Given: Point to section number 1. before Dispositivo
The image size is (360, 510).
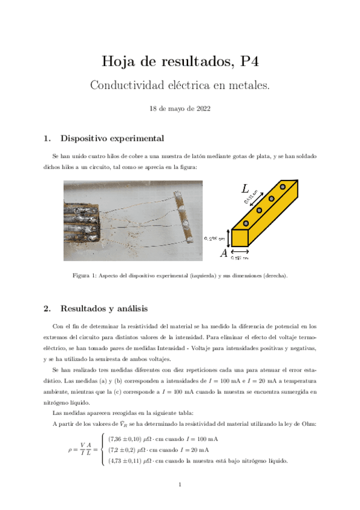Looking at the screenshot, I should pyautogui.click(x=47, y=138).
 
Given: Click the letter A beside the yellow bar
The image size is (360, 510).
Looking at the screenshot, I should pyautogui.click(x=224, y=253).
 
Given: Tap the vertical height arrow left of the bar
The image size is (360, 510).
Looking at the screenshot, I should pyautogui.click(x=227, y=237).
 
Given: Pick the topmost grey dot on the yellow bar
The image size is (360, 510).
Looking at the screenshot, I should pyautogui.click(x=282, y=188).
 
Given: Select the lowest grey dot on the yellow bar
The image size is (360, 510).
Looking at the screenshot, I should pyautogui.click(x=260, y=210).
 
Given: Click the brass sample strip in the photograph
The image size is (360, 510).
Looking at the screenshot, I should pyautogui.click(x=185, y=218).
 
